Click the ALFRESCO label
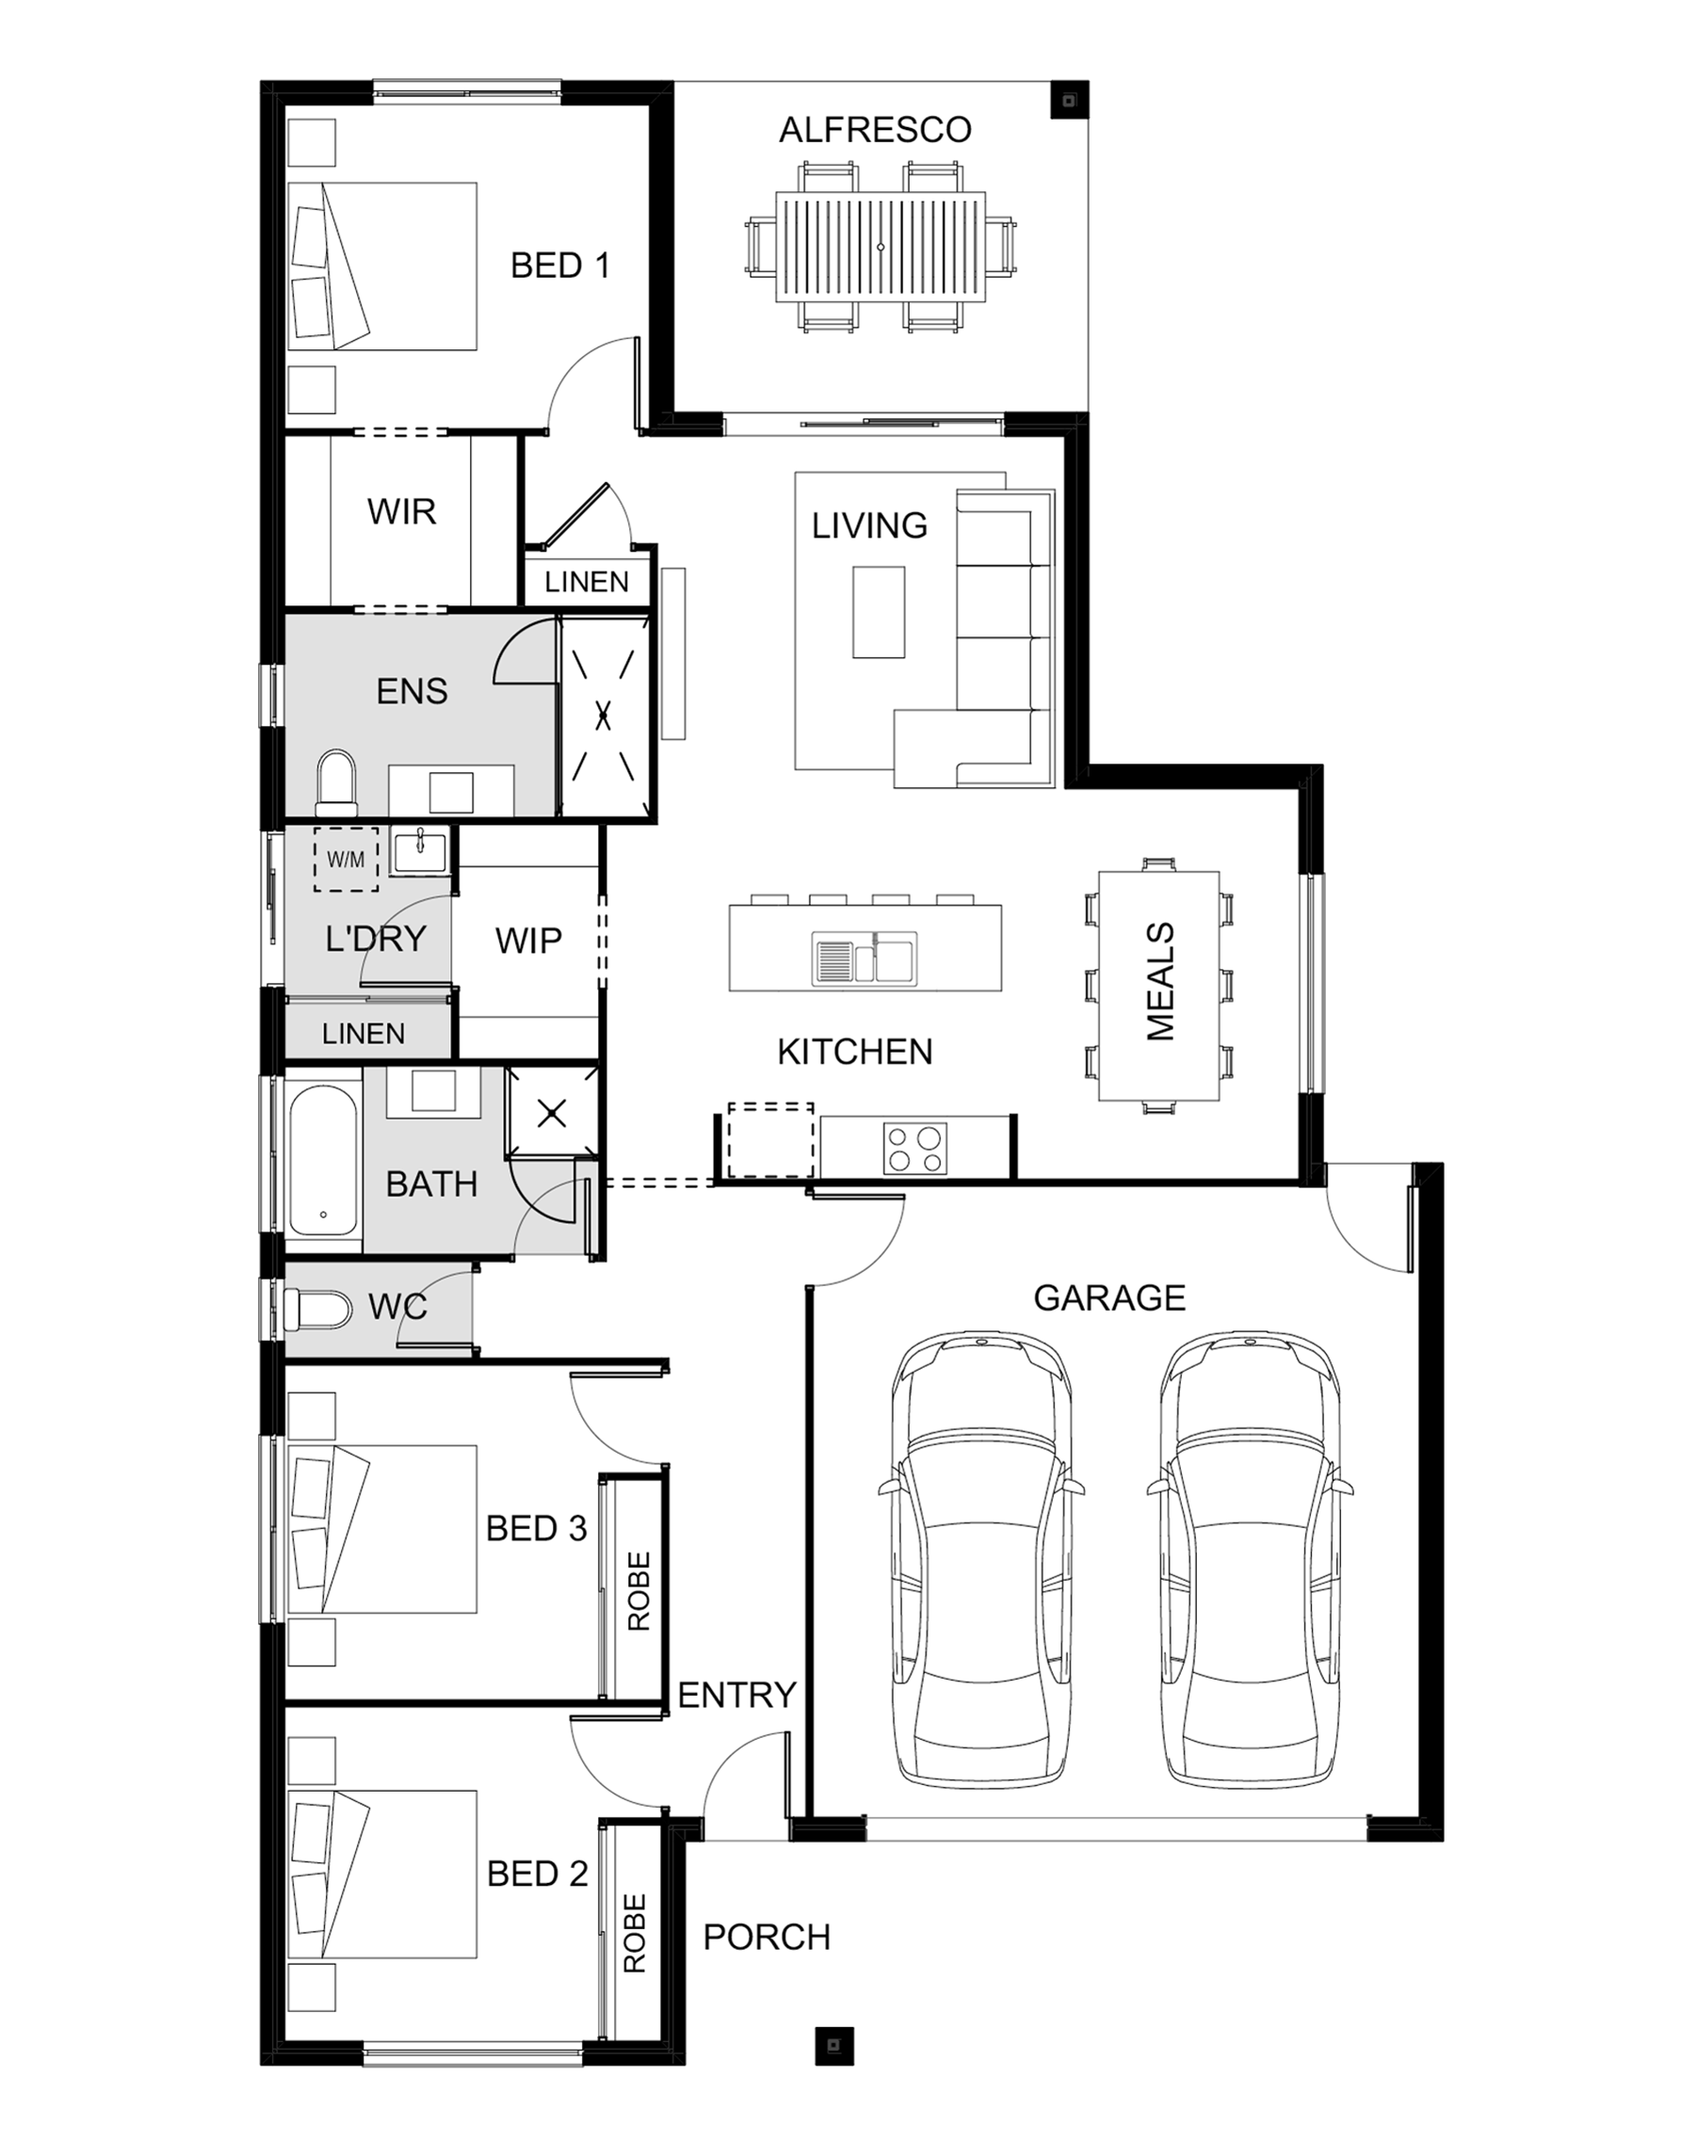click(875, 130)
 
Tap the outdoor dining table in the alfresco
click(881, 247)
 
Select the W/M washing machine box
click(346, 860)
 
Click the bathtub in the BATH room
click(323, 1160)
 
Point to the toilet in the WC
click(317, 1312)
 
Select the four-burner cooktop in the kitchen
click(914, 1149)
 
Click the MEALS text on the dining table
click(1160, 981)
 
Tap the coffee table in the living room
click(879, 611)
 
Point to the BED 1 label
click(559, 265)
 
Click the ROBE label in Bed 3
click(639, 1591)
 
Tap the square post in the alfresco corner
click(1070, 100)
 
